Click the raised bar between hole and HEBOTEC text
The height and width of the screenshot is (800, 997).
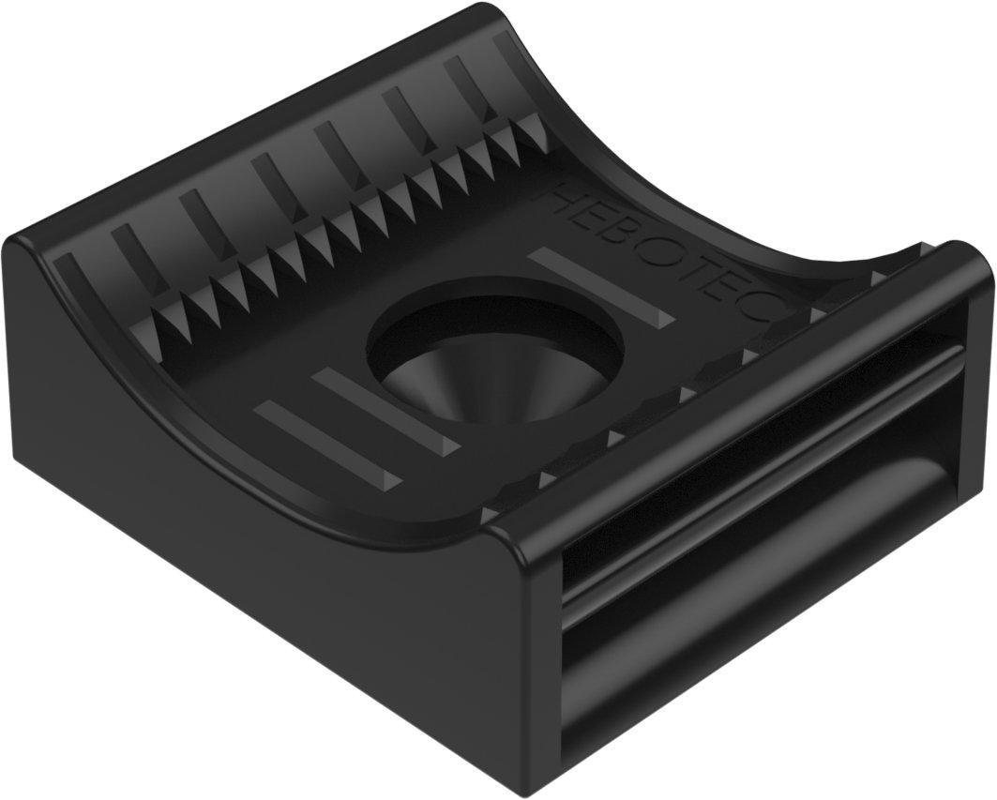click(x=599, y=285)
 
